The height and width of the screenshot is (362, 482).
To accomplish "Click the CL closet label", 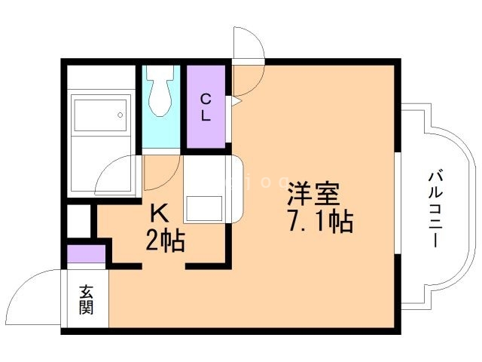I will [x=206, y=106].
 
